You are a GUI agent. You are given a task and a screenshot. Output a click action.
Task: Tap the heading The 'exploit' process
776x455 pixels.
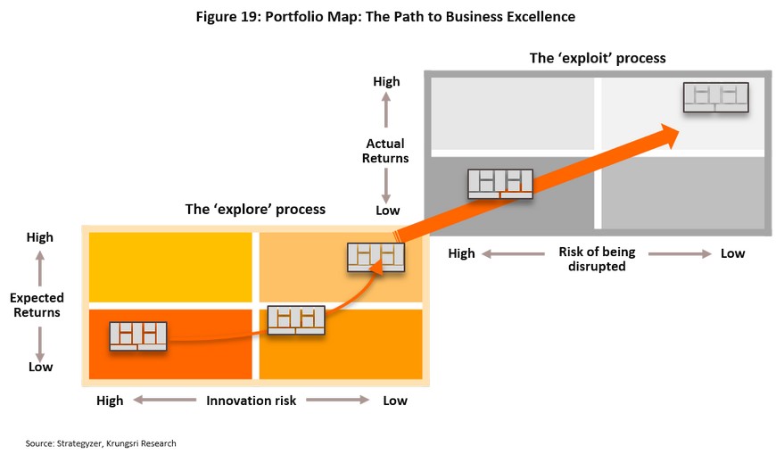[x=598, y=59]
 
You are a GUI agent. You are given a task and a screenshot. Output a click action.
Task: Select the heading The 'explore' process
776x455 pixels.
[x=255, y=210]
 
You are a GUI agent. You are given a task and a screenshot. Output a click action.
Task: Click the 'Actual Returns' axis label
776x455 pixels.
[x=385, y=151]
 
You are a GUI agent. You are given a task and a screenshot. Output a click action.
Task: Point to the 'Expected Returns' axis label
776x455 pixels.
[x=36, y=305]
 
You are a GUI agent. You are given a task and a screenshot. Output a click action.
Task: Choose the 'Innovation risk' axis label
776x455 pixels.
[x=251, y=401]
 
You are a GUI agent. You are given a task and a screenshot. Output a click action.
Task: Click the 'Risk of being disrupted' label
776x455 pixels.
[x=597, y=259]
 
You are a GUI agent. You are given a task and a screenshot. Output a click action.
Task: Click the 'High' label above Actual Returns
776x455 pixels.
[x=386, y=82]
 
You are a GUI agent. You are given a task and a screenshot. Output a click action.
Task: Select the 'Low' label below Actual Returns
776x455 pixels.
[x=387, y=211]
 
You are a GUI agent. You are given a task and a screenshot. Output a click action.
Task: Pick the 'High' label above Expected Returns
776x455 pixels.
[x=40, y=237]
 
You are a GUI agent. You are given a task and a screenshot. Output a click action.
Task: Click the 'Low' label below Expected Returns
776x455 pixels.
[x=40, y=367]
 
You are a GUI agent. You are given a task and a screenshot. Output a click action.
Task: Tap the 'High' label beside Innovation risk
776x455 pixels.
[x=110, y=401]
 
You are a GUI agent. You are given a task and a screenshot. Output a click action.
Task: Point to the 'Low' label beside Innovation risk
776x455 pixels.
[x=395, y=401]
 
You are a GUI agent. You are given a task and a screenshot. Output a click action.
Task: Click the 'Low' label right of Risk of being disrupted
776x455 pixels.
[x=732, y=253]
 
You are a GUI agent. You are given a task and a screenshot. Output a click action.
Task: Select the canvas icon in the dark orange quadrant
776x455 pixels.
[x=138, y=335]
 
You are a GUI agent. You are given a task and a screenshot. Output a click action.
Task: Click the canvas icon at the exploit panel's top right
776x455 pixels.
[x=715, y=96]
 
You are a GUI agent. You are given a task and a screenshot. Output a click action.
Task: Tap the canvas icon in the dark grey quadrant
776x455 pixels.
[x=500, y=183]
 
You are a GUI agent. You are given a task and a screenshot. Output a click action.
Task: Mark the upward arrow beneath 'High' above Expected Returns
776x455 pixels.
[x=40, y=264]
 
